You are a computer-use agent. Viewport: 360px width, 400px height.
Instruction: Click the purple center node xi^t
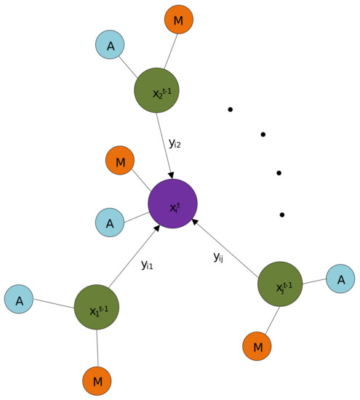click(x=172, y=204)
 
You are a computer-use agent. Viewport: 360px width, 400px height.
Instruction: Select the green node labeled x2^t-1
click(x=156, y=90)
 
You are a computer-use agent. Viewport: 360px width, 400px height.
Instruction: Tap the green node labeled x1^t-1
click(x=97, y=307)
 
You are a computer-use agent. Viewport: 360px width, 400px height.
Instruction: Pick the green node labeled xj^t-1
click(x=280, y=284)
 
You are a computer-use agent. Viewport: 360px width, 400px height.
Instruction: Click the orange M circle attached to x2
click(x=179, y=20)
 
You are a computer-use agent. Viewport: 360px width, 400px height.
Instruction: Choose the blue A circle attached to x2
click(x=110, y=44)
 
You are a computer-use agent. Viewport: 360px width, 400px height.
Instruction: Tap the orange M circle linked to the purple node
click(x=120, y=160)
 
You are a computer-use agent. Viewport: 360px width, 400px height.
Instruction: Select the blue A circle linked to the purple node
click(x=110, y=223)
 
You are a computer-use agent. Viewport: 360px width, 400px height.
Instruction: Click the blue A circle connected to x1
click(x=19, y=299)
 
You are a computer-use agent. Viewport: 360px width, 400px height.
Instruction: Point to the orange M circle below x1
click(x=97, y=381)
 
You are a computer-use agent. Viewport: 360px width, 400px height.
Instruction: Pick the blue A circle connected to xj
click(x=340, y=279)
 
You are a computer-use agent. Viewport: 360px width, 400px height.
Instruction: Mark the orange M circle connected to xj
click(x=257, y=346)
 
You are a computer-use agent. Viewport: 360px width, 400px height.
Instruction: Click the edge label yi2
click(x=175, y=143)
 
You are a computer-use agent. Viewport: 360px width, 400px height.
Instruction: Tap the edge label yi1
click(x=147, y=265)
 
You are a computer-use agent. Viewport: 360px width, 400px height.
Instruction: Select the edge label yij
click(x=218, y=256)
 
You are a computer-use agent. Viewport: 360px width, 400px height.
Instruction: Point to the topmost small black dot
click(x=231, y=110)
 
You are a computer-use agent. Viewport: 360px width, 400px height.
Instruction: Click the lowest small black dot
click(x=282, y=215)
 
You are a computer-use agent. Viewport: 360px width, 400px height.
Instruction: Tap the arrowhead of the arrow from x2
click(x=172, y=175)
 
